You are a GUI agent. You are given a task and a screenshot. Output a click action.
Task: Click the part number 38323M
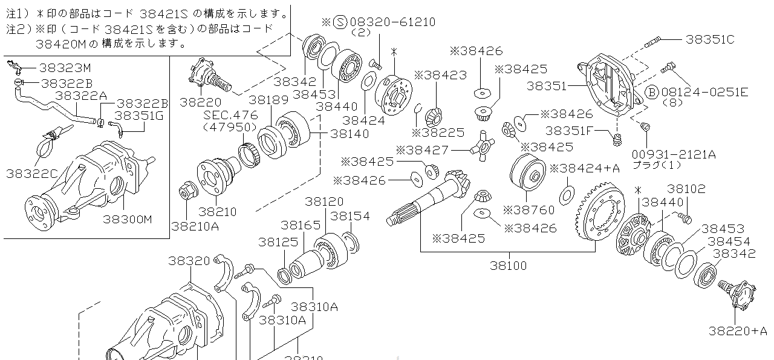66,68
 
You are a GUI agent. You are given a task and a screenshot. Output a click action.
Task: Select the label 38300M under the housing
128,219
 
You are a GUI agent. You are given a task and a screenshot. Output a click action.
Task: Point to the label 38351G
139,116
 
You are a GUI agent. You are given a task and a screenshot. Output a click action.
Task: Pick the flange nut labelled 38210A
186,191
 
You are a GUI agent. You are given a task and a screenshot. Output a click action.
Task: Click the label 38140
350,133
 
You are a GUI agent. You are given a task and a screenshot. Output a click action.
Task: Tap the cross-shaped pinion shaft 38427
481,145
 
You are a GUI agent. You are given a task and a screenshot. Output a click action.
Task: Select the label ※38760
527,209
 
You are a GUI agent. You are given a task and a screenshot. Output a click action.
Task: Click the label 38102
686,189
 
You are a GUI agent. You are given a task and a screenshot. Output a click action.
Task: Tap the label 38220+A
738,330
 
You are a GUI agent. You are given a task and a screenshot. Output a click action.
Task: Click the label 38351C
710,39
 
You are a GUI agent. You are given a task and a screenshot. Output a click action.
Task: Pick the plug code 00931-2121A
674,154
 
